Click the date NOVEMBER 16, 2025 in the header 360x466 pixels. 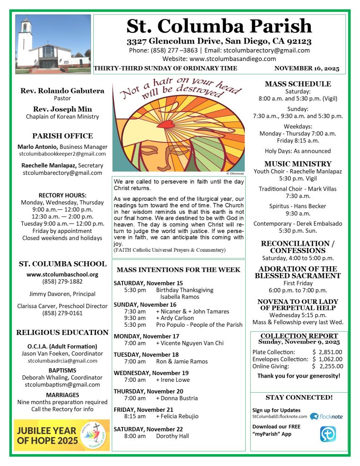(307, 69)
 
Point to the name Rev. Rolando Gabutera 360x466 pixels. (62, 91)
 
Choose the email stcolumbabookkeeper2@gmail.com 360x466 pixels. (62, 154)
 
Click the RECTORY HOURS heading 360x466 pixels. (62, 195)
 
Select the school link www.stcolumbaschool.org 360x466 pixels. (62, 274)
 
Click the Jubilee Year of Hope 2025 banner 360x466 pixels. (62, 435)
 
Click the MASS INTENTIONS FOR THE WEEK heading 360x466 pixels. (178, 270)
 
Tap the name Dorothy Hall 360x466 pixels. (173, 436)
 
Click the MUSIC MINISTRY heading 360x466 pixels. (298, 164)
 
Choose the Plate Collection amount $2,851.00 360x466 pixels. (328, 352)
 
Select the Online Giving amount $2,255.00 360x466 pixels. (328, 366)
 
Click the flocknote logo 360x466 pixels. (326, 416)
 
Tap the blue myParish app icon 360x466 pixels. (328, 434)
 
